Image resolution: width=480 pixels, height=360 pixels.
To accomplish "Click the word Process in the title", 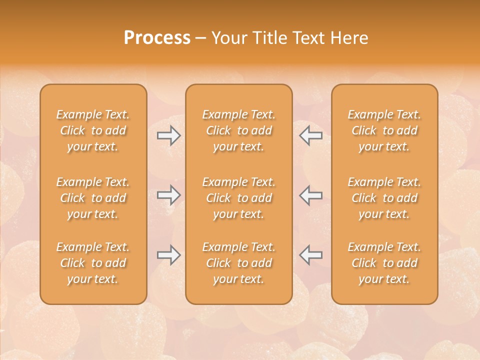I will [157, 38].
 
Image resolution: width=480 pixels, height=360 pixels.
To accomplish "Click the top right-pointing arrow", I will [168, 135].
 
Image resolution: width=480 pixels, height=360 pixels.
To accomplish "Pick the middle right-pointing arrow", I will [168, 195].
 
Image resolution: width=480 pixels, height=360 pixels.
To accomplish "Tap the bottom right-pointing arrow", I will [168, 255].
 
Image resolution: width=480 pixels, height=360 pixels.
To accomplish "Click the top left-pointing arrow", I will [311, 135].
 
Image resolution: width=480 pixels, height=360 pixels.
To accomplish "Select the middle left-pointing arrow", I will [311, 195].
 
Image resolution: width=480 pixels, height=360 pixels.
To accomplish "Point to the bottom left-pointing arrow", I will [311, 255].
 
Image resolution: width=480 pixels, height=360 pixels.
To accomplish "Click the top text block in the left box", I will [93, 130].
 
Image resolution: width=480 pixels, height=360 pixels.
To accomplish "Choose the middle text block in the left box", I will [93, 198].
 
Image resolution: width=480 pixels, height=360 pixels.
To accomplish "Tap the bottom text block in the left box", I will [93, 263].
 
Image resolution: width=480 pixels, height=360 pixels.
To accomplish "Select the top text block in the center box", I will [238, 130].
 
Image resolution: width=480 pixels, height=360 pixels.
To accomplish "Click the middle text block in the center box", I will [238, 198].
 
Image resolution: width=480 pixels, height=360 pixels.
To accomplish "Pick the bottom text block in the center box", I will [238, 263].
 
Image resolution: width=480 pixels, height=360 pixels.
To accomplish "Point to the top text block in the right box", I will [384, 130].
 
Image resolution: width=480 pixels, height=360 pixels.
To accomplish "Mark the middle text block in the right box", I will [384, 198].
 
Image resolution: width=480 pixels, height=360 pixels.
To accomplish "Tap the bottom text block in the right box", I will [384, 263].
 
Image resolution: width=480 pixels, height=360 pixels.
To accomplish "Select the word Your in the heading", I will [227, 38].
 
